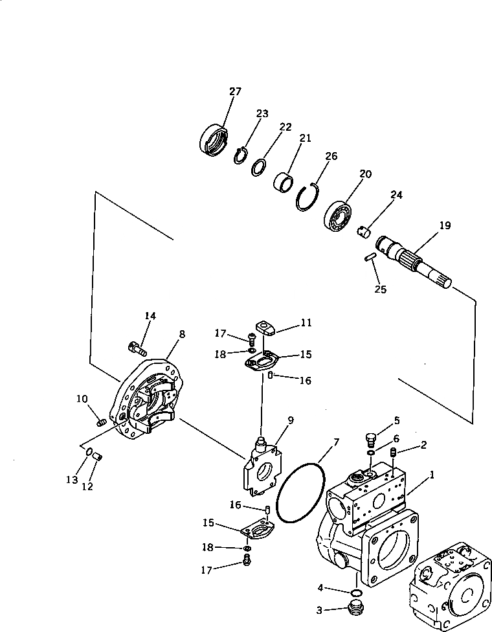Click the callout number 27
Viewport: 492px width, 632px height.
pyautogui.click(x=234, y=91)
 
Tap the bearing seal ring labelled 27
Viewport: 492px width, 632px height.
pyautogui.click(x=213, y=141)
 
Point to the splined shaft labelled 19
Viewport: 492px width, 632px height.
pyautogui.click(x=414, y=258)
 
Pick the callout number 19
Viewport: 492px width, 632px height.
pyautogui.click(x=445, y=226)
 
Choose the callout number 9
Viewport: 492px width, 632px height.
pyautogui.click(x=291, y=420)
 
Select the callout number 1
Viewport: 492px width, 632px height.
pyautogui.click(x=432, y=475)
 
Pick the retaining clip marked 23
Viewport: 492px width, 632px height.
pyautogui.click(x=240, y=156)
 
